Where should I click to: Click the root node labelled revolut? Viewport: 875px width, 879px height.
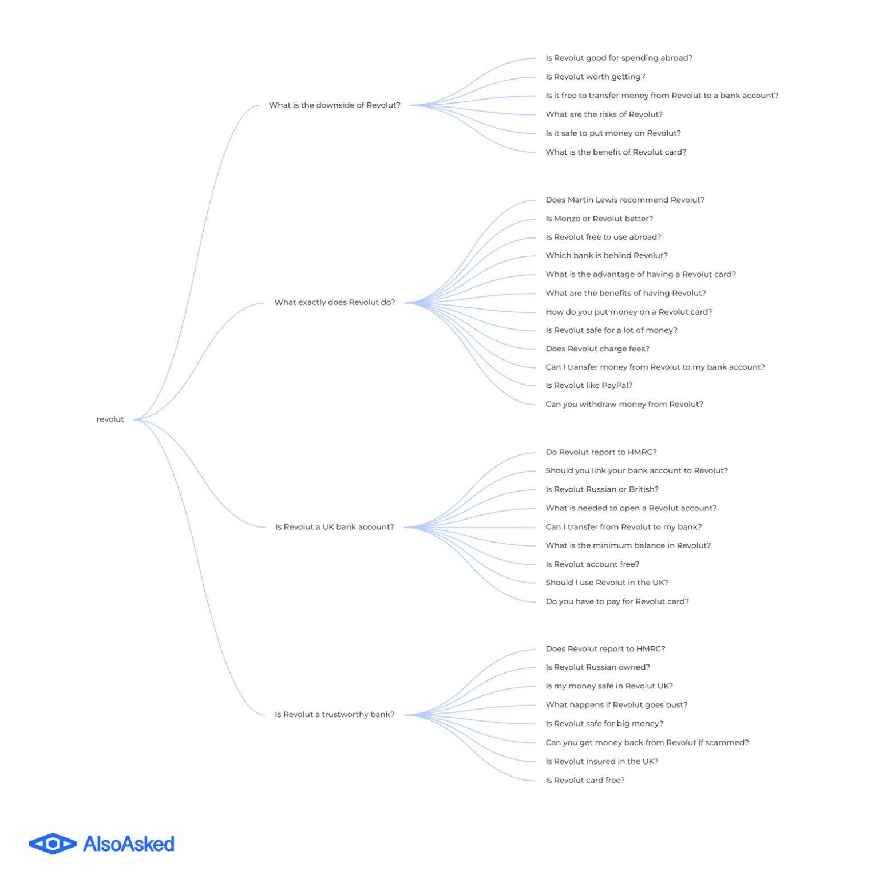tap(110, 419)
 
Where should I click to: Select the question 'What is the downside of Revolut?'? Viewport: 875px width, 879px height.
tap(335, 105)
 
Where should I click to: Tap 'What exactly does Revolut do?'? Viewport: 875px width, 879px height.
tap(335, 303)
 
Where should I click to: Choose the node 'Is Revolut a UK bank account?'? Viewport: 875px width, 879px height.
tap(335, 527)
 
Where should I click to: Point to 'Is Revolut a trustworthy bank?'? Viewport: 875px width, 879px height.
tap(335, 715)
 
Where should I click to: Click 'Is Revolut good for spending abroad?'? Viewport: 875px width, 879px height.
tap(619, 58)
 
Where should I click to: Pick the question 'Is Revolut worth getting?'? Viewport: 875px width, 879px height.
tap(595, 77)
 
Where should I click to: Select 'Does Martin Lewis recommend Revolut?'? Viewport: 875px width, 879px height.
tap(625, 200)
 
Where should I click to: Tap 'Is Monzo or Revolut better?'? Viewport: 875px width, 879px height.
tap(599, 219)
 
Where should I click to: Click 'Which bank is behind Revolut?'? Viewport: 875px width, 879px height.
tap(607, 255)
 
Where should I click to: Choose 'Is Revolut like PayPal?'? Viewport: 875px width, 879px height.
tap(589, 386)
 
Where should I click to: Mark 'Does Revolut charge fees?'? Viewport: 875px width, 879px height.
tap(597, 349)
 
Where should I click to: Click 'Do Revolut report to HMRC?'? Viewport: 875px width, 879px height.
tap(601, 452)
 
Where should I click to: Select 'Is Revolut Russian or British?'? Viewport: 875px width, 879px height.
tap(602, 489)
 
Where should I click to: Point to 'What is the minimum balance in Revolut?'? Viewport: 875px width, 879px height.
tap(628, 545)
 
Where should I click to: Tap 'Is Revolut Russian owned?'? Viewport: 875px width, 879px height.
tap(597, 667)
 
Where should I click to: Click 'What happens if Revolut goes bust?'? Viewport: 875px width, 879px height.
tap(616, 705)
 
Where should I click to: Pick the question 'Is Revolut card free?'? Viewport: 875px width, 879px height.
tap(585, 780)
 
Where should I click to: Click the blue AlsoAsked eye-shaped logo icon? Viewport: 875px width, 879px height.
tap(53, 844)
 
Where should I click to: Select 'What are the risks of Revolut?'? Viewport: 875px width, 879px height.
tap(604, 114)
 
